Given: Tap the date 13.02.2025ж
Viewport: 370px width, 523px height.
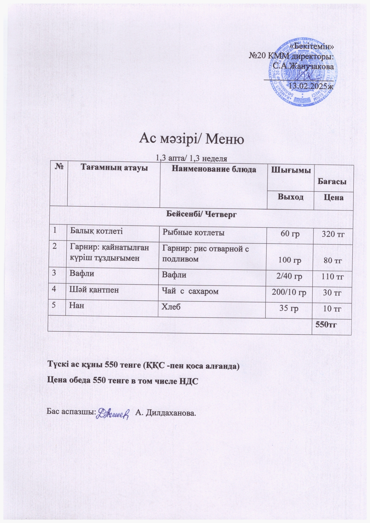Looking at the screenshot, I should click(x=311, y=86).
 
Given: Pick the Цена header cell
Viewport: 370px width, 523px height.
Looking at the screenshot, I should click(x=334, y=197).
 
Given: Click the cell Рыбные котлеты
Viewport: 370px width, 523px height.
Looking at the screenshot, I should click(x=193, y=232).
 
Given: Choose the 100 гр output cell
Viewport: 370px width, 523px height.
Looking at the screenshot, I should click(x=289, y=260).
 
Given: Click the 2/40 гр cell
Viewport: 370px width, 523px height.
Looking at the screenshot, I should click(x=289, y=276).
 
